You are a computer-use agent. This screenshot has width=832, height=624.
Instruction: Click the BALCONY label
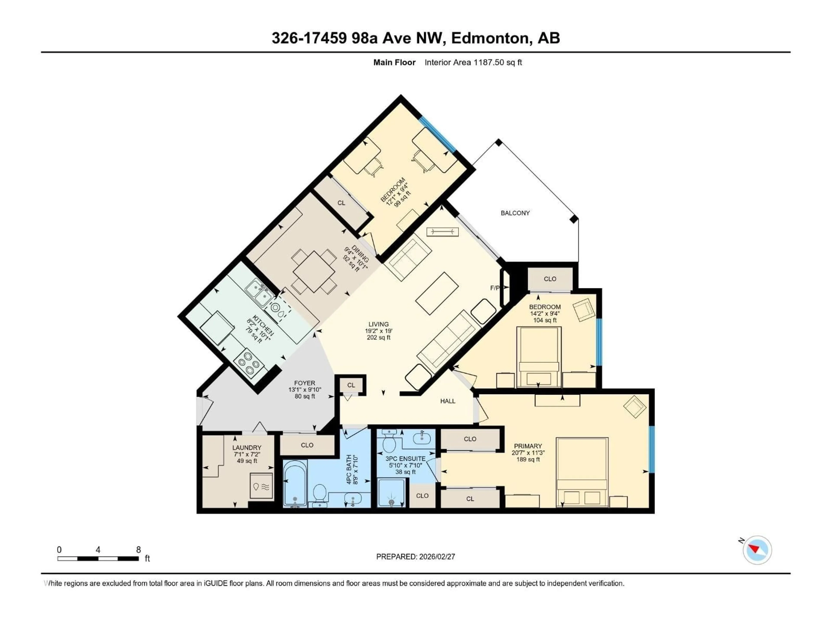pyautogui.click(x=515, y=213)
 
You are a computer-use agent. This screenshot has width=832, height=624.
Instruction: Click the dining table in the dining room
pyautogui.click(x=314, y=271)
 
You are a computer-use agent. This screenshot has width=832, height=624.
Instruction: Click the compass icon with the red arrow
pyautogui.click(x=757, y=550)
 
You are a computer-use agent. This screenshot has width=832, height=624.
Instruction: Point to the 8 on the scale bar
pyautogui.click(x=138, y=549)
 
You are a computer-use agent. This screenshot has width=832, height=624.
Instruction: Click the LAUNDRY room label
pyautogui.click(x=247, y=448)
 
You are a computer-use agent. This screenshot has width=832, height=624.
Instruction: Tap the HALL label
pyautogui.click(x=448, y=401)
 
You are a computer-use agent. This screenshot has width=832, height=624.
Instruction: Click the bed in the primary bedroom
pyautogui.click(x=582, y=472)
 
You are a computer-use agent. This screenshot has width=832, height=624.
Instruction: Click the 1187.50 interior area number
pyautogui.click(x=488, y=62)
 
